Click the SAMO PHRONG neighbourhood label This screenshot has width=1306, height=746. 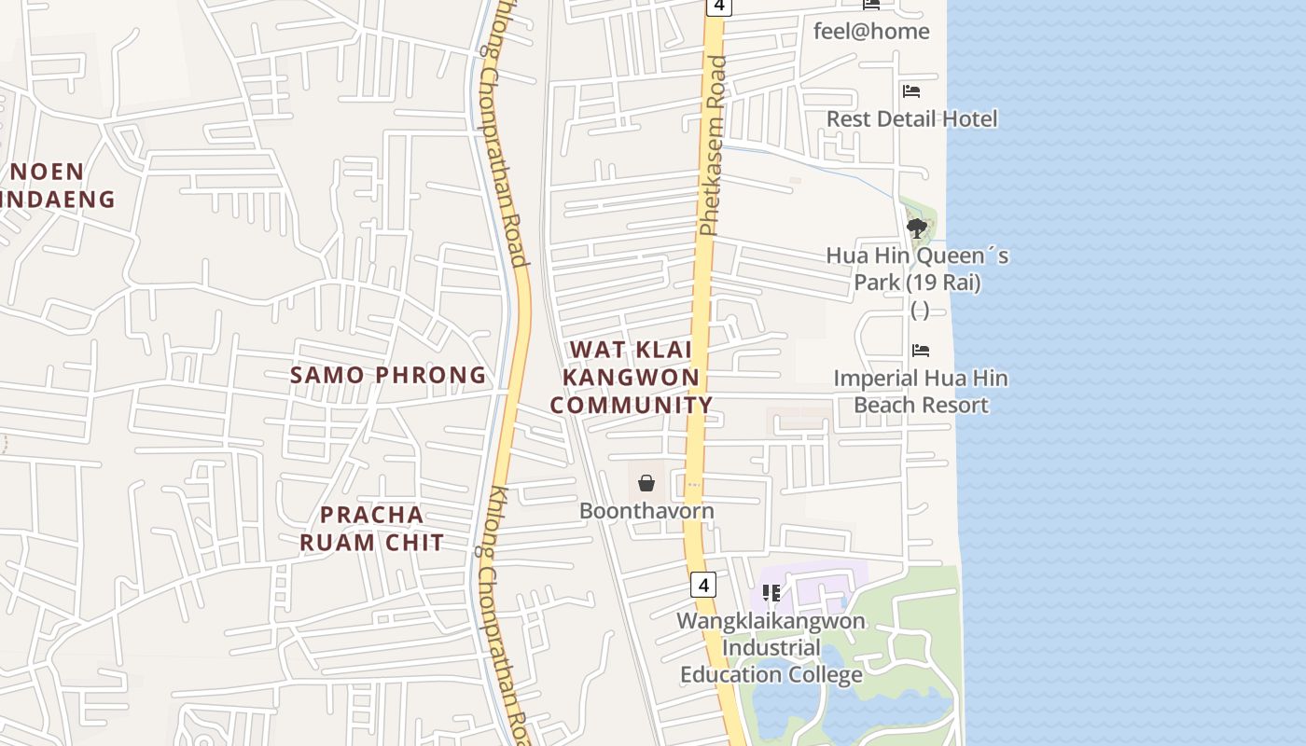(388, 375)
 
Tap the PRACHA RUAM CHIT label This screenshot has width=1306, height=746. (371, 528)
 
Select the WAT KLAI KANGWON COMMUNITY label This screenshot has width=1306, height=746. (632, 377)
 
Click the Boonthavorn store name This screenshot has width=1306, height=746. (646, 511)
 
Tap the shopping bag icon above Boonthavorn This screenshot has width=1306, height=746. (646, 483)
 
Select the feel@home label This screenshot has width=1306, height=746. (871, 31)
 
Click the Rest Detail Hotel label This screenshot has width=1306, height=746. (911, 118)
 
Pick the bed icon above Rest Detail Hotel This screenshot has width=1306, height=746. (911, 91)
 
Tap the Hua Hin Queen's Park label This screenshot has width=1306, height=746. (917, 269)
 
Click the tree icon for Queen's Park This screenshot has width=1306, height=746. (916, 228)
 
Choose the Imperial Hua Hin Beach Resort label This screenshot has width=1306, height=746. (920, 392)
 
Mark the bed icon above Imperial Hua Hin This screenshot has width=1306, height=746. (921, 351)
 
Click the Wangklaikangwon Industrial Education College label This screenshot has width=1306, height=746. (771, 647)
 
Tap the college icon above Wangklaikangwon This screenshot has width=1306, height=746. (771, 593)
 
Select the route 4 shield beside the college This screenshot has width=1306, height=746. (703, 585)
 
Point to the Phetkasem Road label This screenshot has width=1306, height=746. (713, 145)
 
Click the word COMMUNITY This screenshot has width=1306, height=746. (632, 405)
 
